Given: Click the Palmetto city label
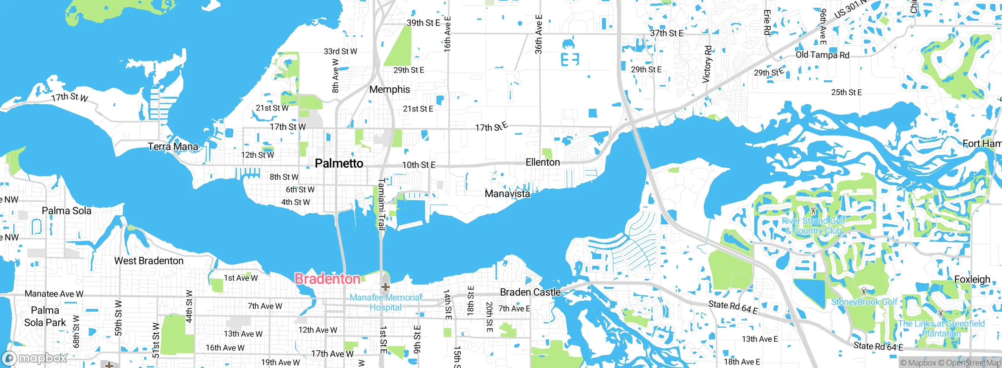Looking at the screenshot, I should click(x=339, y=163).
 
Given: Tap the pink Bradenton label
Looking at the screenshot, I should click(x=327, y=279).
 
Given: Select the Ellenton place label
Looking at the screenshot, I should click(x=542, y=162).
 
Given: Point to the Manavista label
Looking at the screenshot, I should click(x=507, y=193).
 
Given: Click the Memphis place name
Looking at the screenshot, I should click(x=389, y=89).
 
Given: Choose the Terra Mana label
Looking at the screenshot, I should click(x=173, y=146).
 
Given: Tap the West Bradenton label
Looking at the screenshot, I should click(x=149, y=261).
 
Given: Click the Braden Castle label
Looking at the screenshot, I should click(x=530, y=292).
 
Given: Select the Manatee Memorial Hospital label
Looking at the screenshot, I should click(x=386, y=302).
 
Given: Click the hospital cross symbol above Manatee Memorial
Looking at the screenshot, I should click(x=386, y=287).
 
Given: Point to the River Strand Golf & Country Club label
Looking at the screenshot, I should click(x=813, y=226).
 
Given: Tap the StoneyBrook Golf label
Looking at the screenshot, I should click(x=864, y=302).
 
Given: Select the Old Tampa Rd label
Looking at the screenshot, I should click(x=822, y=55).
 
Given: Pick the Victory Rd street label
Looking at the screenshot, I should click(x=707, y=64).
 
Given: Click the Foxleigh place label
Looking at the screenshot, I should click(x=972, y=280).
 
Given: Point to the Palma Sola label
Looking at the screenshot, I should click(x=67, y=211).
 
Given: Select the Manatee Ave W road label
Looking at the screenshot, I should click(x=54, y=294).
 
